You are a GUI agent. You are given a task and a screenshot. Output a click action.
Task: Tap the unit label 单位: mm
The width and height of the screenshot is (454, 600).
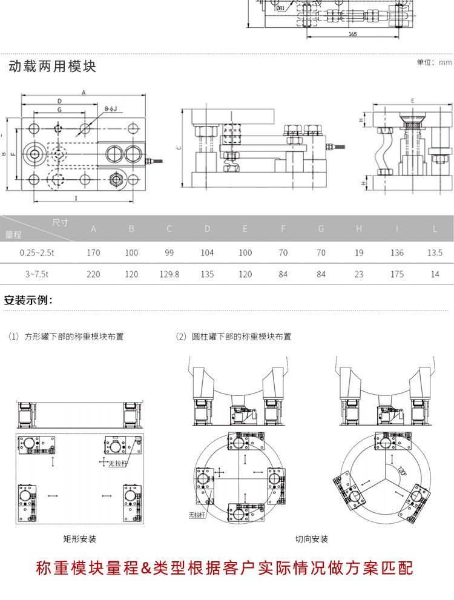434,62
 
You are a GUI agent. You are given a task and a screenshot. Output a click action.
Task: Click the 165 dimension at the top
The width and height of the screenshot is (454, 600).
352,35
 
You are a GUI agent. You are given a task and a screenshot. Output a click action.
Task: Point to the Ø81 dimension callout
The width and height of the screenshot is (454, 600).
281,8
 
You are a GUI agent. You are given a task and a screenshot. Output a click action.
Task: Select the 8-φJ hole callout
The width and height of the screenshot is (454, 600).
110,108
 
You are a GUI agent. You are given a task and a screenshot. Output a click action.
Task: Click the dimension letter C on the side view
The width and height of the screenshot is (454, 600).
179,148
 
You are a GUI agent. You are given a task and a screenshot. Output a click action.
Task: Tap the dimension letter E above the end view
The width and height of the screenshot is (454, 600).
412,101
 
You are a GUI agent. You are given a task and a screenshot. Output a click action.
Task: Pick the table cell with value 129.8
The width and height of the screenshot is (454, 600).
169,274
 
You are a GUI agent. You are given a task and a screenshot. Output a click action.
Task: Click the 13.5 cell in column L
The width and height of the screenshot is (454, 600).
435,252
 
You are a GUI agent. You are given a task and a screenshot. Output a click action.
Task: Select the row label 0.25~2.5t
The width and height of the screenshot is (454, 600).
37,252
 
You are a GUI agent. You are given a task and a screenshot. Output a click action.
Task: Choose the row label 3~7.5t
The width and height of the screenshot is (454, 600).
37,274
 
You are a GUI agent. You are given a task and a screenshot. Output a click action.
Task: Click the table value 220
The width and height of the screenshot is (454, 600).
93,274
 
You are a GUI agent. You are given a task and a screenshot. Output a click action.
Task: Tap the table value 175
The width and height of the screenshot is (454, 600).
396,274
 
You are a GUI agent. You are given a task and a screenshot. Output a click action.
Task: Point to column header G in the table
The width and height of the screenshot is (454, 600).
321,229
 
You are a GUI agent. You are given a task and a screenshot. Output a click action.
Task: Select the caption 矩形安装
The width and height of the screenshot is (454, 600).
79,538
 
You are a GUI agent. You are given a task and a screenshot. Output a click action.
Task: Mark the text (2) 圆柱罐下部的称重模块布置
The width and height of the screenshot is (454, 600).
233,337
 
